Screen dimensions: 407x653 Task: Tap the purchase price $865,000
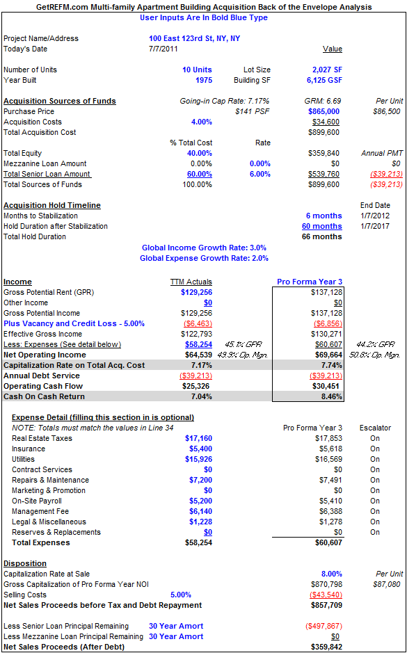(324, 111)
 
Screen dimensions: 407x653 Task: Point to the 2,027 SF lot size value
(324, 70)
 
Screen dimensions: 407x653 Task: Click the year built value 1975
(204, 80)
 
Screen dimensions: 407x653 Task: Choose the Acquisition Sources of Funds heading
(60, 101)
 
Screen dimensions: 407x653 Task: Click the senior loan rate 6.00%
(260, 174)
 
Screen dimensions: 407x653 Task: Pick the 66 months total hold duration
(322, 236)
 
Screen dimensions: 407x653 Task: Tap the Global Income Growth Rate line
(204, 248)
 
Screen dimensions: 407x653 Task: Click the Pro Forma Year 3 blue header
(310, 282)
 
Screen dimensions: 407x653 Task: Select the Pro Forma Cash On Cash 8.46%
(332, 396)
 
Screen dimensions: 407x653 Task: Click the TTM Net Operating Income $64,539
(198, 355)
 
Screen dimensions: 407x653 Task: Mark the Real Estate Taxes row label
(42, 438)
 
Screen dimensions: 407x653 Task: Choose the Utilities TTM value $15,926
(199, 459)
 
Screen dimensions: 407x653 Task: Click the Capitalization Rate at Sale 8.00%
(331, 574)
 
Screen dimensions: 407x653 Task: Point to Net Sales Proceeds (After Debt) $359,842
(326, 647)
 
